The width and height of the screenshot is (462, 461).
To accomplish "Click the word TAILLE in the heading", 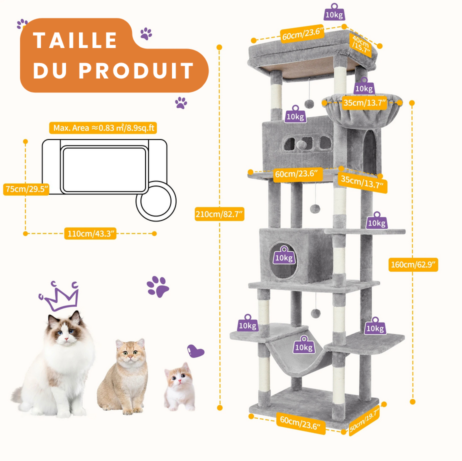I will [75, 40].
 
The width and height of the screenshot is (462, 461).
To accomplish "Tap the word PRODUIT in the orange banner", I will [136, 70].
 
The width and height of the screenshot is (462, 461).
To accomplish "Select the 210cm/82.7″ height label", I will [219, 214].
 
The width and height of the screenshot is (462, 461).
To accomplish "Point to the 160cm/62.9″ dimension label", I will [413, 264].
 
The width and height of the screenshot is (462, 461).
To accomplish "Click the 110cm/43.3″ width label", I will [90, 233].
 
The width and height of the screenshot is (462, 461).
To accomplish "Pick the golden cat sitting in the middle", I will [124, 378].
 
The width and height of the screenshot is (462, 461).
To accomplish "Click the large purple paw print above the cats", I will [157, 286].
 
